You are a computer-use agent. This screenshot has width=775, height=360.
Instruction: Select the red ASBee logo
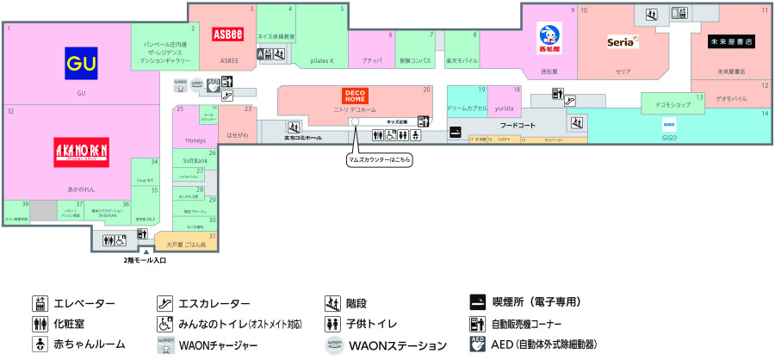point(229,34)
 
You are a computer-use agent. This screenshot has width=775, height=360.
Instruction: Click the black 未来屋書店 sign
point(730,41)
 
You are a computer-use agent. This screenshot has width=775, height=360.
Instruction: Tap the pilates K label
point(320,61)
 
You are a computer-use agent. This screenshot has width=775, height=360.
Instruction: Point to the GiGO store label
point(669,137)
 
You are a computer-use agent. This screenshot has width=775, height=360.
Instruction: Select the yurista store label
point(505,109)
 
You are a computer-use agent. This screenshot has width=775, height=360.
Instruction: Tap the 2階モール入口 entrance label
point(145,259)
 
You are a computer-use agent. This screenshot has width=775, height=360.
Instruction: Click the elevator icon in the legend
point(39,304)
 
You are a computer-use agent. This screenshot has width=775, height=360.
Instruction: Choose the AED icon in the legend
point(478,344)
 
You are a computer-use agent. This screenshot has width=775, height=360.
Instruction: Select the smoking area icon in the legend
point(478,303)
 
